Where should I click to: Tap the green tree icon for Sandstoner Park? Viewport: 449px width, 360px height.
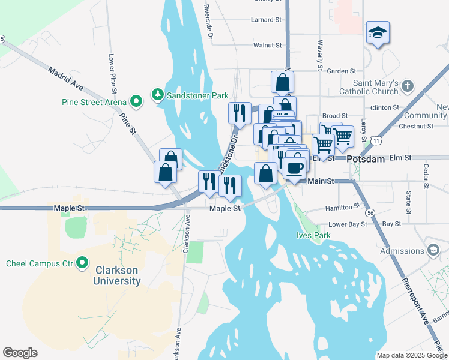[x=158, y=94]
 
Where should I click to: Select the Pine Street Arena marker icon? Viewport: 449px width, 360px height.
[x=136, y=101]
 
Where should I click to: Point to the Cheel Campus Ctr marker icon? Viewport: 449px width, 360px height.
[x=82, y=263]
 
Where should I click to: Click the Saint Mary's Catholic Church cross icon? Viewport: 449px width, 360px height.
[x=407, y=85]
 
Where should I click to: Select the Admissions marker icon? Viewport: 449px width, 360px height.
[x=433, y=250]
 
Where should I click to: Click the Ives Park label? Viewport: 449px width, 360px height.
[x=313, y=236]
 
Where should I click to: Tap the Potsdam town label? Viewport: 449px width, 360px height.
[x=366, y=158]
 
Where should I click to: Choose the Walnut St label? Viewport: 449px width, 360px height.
[x=267, y=45]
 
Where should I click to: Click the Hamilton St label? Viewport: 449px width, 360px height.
[x=342, y=206]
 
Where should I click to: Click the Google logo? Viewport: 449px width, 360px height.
[x=20, y=353]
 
